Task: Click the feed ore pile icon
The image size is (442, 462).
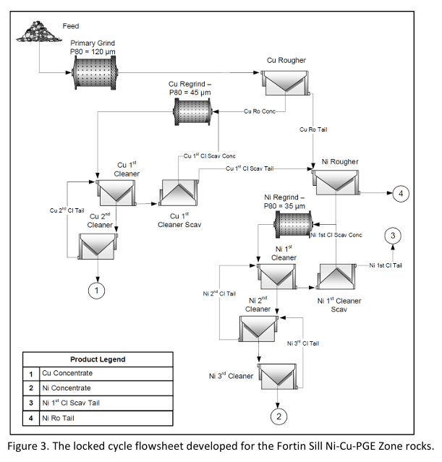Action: point(39,31)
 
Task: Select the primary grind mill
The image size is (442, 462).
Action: point(94,72)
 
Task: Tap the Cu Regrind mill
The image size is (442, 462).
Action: point(192,111)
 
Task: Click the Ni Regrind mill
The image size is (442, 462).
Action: point(293,224)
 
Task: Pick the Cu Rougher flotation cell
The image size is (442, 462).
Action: point(285,82)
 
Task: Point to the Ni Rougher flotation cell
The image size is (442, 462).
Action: point(336,182)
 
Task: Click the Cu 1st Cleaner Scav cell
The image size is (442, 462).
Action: point(179,192)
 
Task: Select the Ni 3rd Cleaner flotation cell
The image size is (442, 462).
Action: point(278,376)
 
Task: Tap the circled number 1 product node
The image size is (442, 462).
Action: point(96,291)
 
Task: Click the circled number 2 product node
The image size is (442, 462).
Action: point(279,416)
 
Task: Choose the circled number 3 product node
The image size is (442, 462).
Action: point(393,236)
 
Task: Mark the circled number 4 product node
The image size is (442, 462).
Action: point(401,194)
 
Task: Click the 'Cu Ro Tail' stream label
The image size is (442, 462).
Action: point(313,129)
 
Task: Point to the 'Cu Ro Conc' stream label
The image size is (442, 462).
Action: point(260,111)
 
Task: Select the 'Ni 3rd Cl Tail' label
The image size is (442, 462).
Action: point(303,343)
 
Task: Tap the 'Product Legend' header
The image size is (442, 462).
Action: point(98,359)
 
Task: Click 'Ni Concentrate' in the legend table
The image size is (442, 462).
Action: point(67,388)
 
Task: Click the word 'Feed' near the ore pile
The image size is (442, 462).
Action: point(71,26)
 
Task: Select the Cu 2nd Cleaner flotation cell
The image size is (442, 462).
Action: point(98,247)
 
